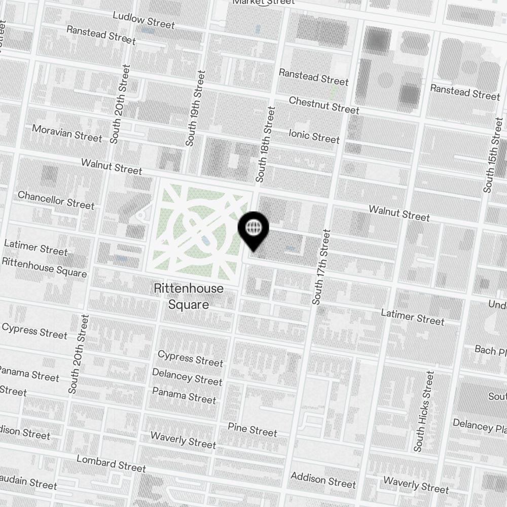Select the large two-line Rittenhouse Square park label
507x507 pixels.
pyautogui.click(x=189, y=297)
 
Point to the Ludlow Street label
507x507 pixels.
pyautogui.click(x=143, y=20)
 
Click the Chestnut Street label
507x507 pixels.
pyautogui.click(x=324, y=105)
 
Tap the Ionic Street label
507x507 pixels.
pyautogui.click(x=314, y=136)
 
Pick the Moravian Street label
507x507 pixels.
pyautogui.click(x=67, y=133)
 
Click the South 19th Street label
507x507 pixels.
pyautogui.click(x=196, y=108)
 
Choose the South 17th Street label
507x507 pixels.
pyautogui.click(x=321, y=267)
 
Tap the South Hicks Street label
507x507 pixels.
pyautogui.click(x=424, y=411)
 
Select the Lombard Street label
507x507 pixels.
pyautogui.click(x=111, y=463)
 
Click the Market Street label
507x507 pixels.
pyautogui.click(x=263, y=2)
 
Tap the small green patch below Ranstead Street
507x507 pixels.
pyautogui.click(x=334, y=92)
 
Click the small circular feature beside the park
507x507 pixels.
pyautogui.click(x=140, y=216)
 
